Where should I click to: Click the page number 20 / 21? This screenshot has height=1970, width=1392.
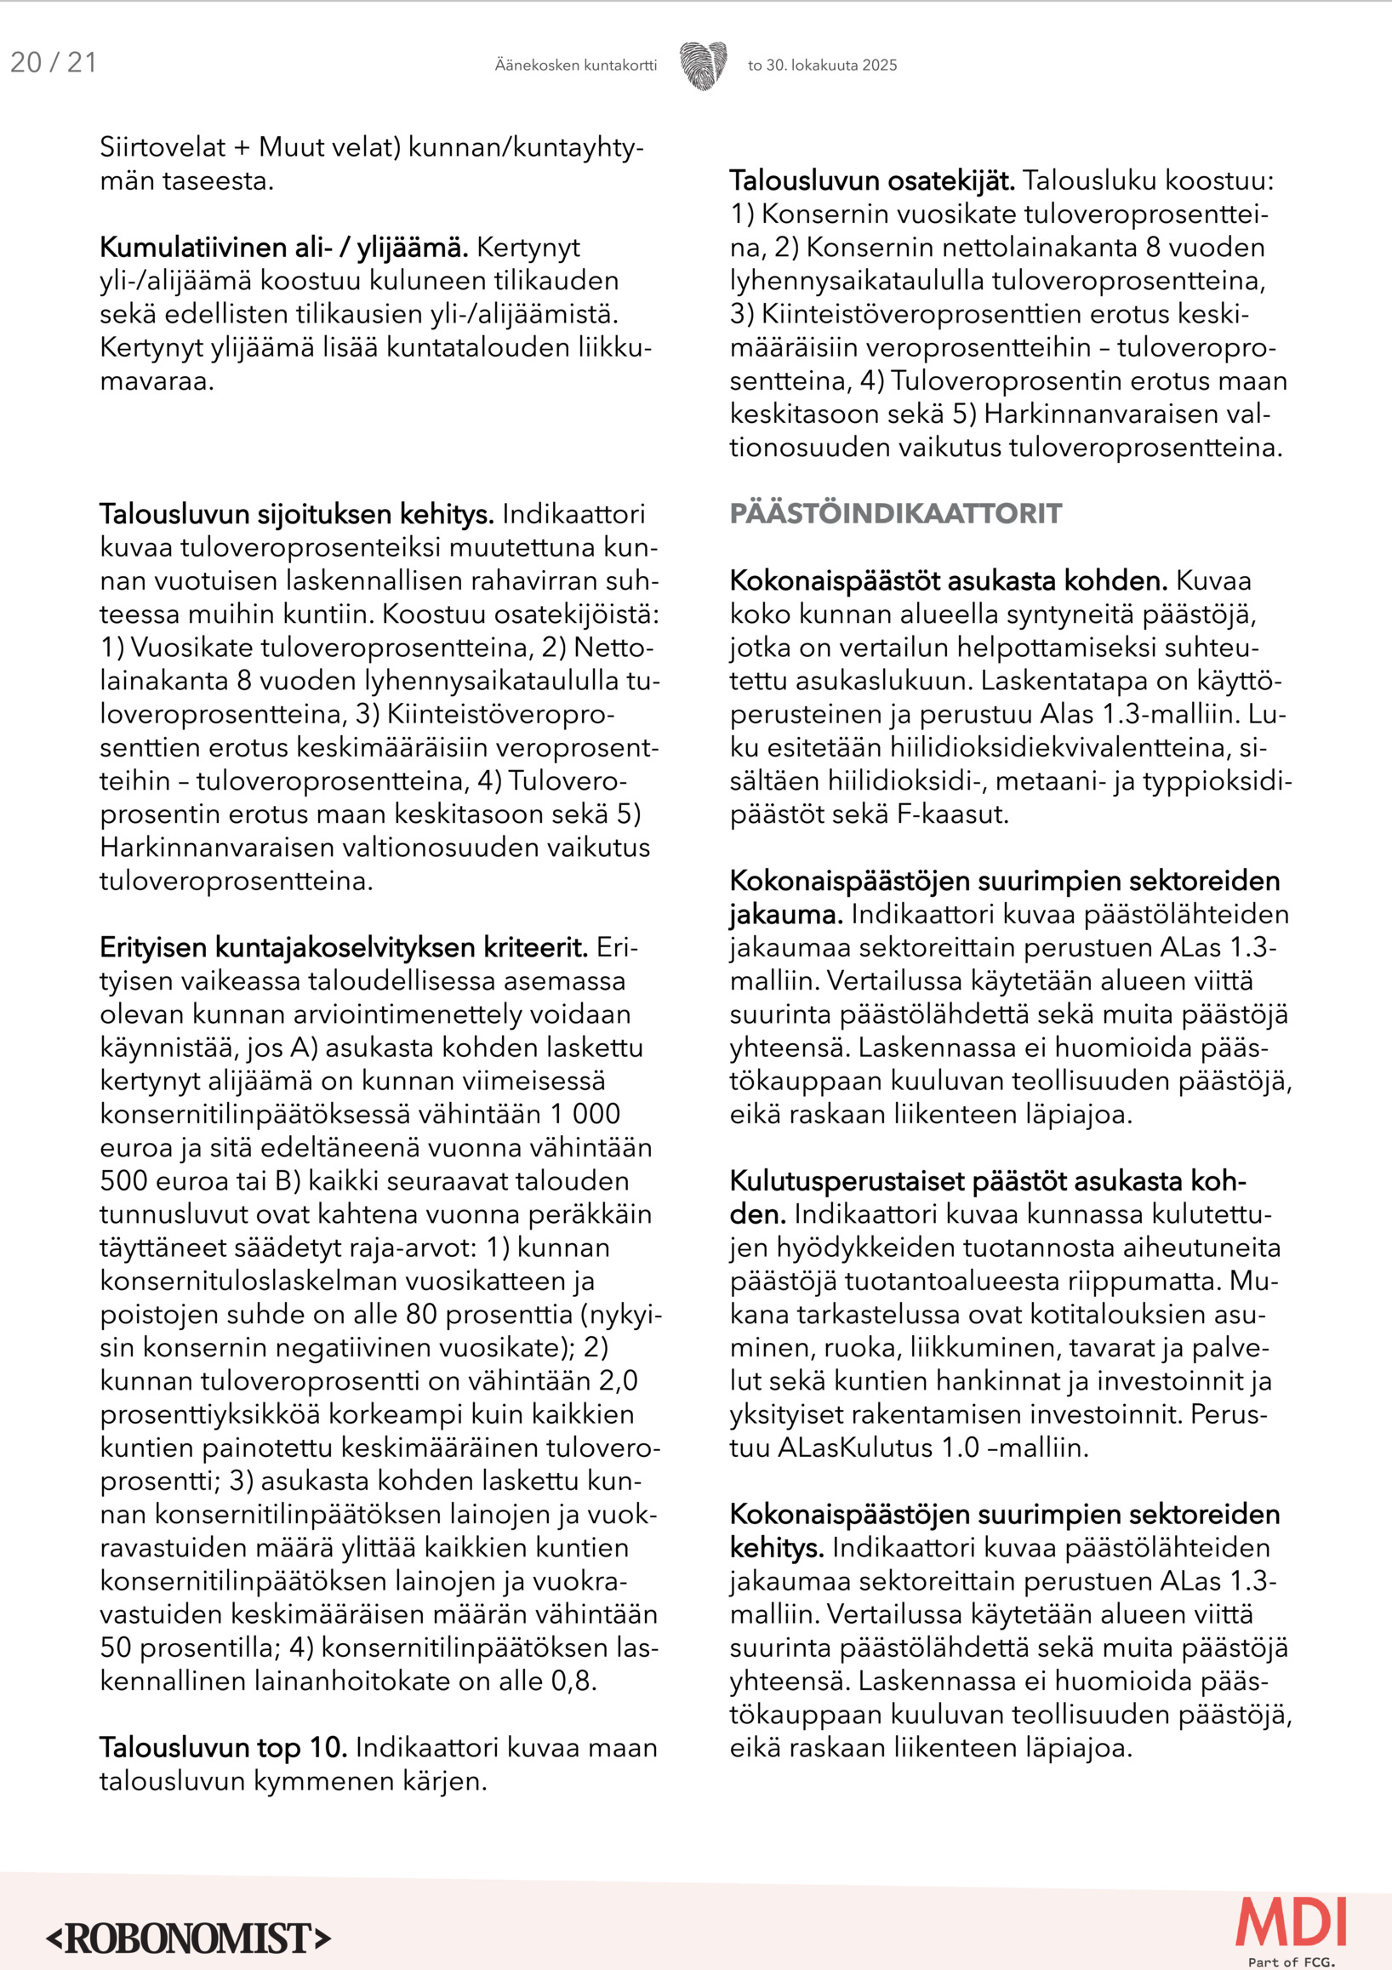click(x=53, y=63)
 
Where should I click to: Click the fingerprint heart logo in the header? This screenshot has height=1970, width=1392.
click(x=704, y=66)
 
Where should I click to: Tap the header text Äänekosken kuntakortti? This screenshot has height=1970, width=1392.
click(x=575, y=66)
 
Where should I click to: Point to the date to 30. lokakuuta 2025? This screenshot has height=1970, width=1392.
click(x=822, y=66)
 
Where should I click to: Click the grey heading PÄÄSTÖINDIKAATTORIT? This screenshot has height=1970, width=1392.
click(x=895, y=514)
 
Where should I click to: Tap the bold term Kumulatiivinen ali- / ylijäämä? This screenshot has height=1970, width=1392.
click(x=284, y=248)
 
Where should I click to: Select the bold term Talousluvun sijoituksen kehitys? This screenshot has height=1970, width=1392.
click(x=297, y=515)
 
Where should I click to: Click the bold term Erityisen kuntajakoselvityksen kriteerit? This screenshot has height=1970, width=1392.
click(x=343, y=948)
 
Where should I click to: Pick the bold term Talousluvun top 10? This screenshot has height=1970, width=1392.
click(x=223, y=1748)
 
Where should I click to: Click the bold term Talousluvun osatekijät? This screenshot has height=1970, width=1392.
click(x=872, y=181)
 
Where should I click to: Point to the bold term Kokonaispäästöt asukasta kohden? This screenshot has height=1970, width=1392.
click(x=948, y=581)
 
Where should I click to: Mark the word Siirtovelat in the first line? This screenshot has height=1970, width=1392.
click(x=163, y=147)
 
